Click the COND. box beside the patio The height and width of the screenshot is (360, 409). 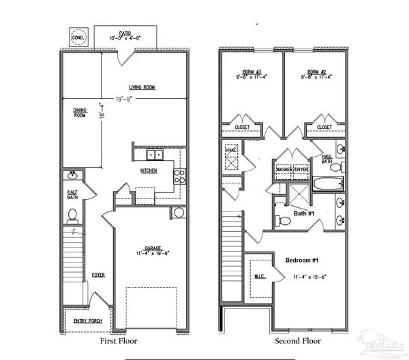tap(79, 38)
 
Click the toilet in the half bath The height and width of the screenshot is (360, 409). tap(72, 214)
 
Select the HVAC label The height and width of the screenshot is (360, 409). tap(230, 151)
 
